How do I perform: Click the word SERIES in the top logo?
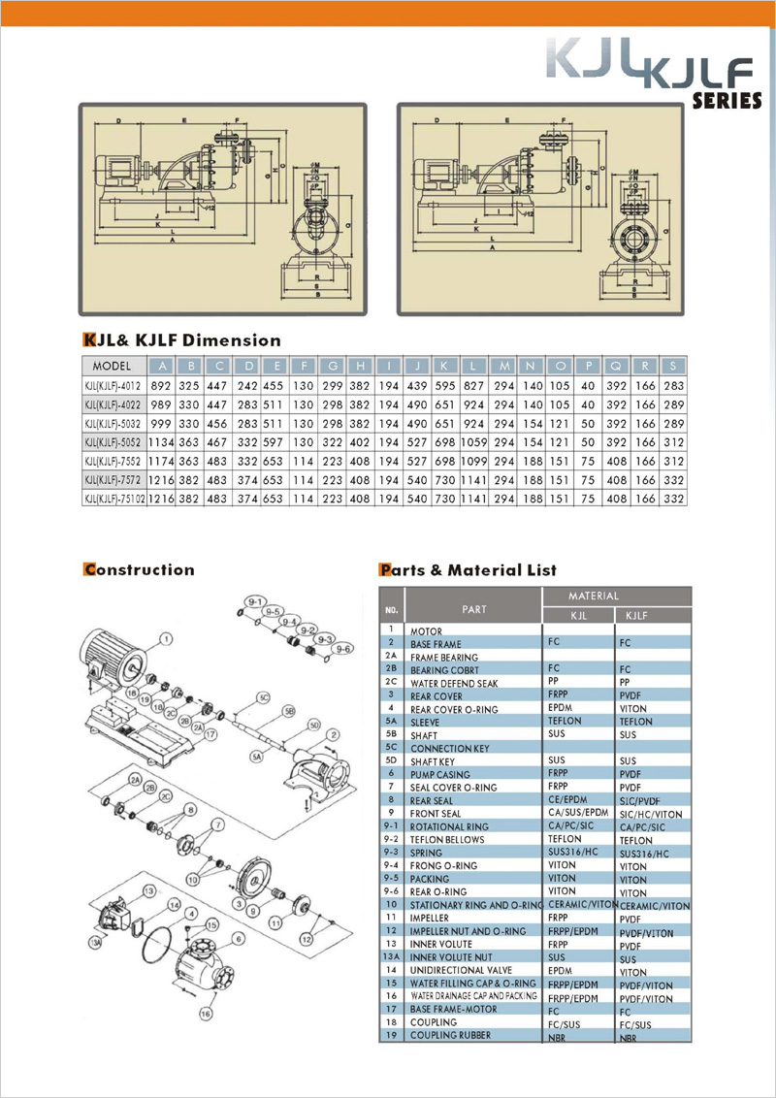pyautogui.click(x=727, y=100)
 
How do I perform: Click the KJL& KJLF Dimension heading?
pyautogui.click(x=182, y=340)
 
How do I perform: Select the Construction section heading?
pyautogui.click(x=139, y=569)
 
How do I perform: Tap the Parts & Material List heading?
pyautogui.click(x=468, y=569)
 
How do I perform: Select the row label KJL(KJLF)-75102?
pyautogui.click(x=114, y=499)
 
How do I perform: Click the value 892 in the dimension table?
pyautogui.click(x=161, y=385)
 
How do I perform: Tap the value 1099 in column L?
pyautogui.click(x=475, y=461)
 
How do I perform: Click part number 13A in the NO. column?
pyautogui.click(x=391, y=957)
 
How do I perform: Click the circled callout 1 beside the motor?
pyautogui.click(x=167, y=638)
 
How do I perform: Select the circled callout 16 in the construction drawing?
pyautogui.click(x=205, y=1015)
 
